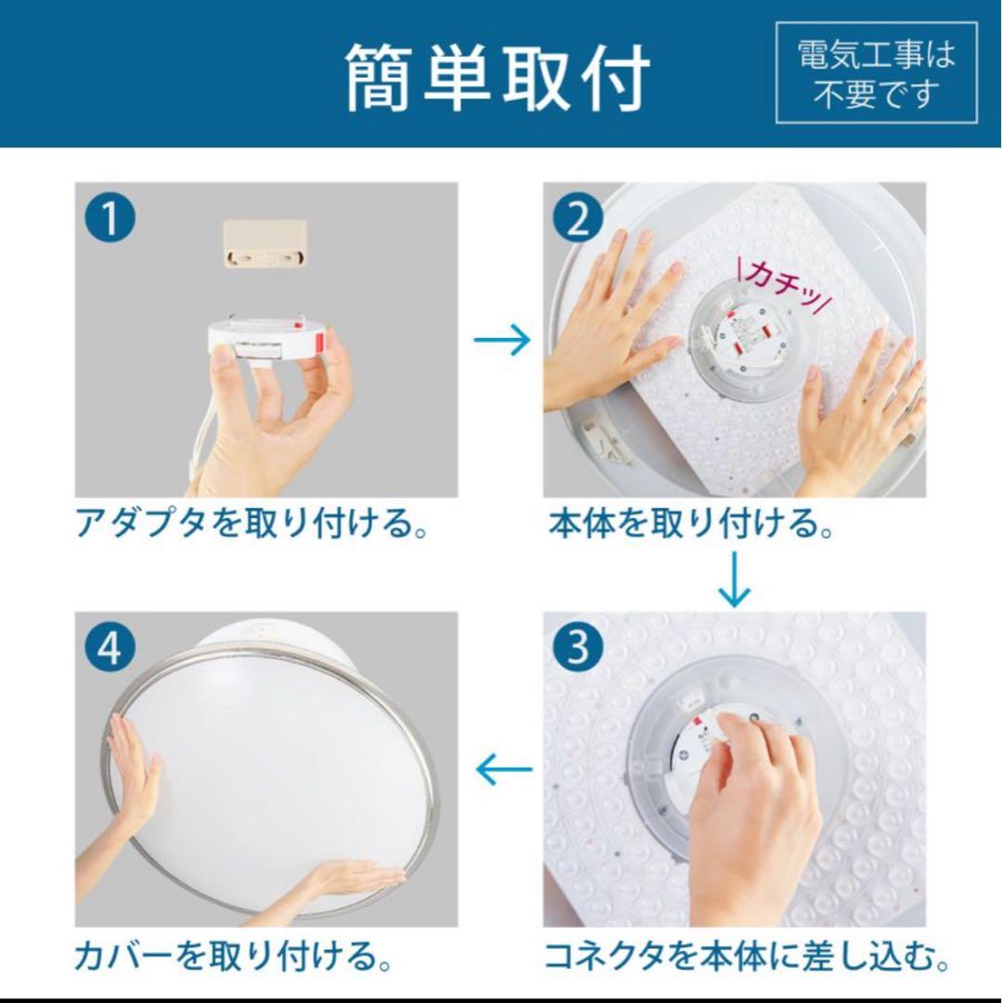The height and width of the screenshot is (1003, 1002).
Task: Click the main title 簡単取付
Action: [x=498, y=76]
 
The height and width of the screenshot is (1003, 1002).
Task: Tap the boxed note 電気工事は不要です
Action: [x=876, y=73]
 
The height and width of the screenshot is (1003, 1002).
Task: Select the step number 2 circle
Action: [x=578, y=219]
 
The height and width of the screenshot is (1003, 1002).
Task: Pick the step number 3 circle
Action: [x=578, y=648]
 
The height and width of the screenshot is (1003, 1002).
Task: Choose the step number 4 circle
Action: [x=110, y=648]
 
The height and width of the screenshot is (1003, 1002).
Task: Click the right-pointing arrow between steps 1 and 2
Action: [x=501, y=340]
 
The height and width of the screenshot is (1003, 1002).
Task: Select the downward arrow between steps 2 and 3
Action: [x=734, y=580]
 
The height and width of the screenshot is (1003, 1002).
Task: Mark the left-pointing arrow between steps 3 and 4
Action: [x=502, y=769]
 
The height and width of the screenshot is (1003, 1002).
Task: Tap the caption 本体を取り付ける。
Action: [x=691, y=525]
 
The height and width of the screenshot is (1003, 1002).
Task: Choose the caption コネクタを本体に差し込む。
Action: [x=746, y=955]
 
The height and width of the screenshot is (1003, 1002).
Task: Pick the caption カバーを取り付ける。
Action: [x=232, y=955]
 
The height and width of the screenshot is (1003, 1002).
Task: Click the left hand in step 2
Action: [x=608, y=330]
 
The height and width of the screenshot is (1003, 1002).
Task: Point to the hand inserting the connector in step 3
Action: [x=752, y=817]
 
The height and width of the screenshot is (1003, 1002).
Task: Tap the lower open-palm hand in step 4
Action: [x=348, y=878]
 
